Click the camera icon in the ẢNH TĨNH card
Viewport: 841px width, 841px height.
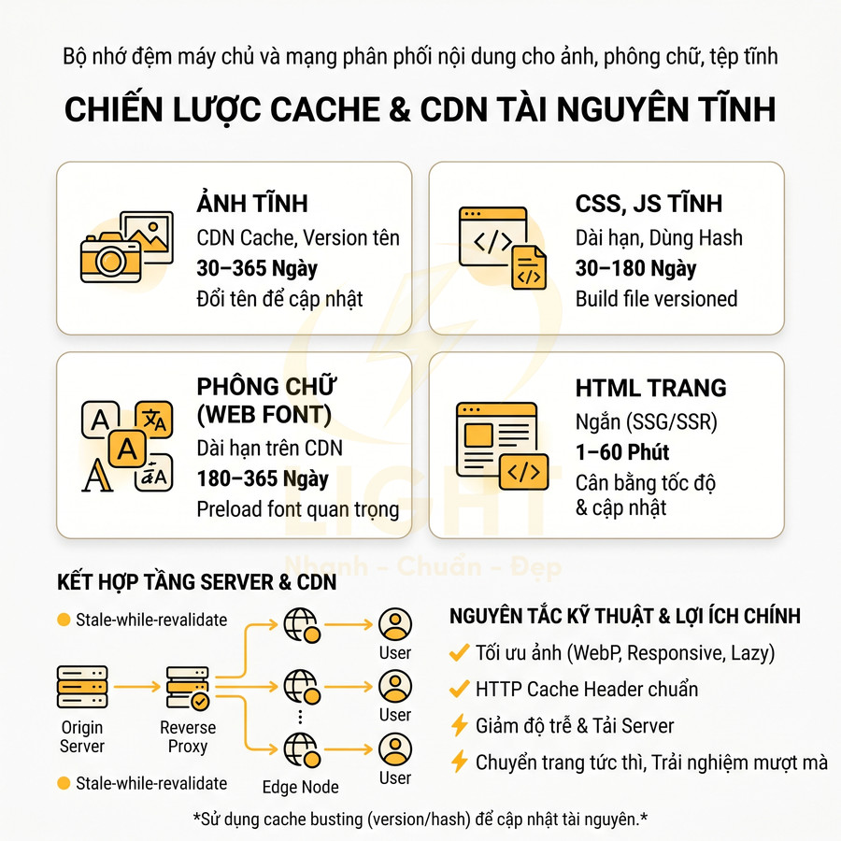(110, 256)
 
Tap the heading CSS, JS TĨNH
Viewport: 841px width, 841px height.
(649, 204)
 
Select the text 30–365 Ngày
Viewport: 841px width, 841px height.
(257, 269)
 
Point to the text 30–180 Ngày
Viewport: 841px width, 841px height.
(635, 269)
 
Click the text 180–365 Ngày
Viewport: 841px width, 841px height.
(263, 478)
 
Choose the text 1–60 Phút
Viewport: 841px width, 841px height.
(622, 452)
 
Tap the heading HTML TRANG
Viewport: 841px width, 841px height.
(650, 388)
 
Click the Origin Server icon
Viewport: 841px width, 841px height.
(82, 687)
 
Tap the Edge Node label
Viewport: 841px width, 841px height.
(300, 787)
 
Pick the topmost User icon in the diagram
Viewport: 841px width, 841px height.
(395, 623)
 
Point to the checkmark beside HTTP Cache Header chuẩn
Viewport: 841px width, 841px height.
(459, 690)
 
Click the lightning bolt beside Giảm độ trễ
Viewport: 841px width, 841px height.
(459, 726)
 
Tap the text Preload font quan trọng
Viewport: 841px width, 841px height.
(297, 509)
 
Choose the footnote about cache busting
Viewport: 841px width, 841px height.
(420, 820)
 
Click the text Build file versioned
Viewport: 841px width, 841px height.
(656, 299)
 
